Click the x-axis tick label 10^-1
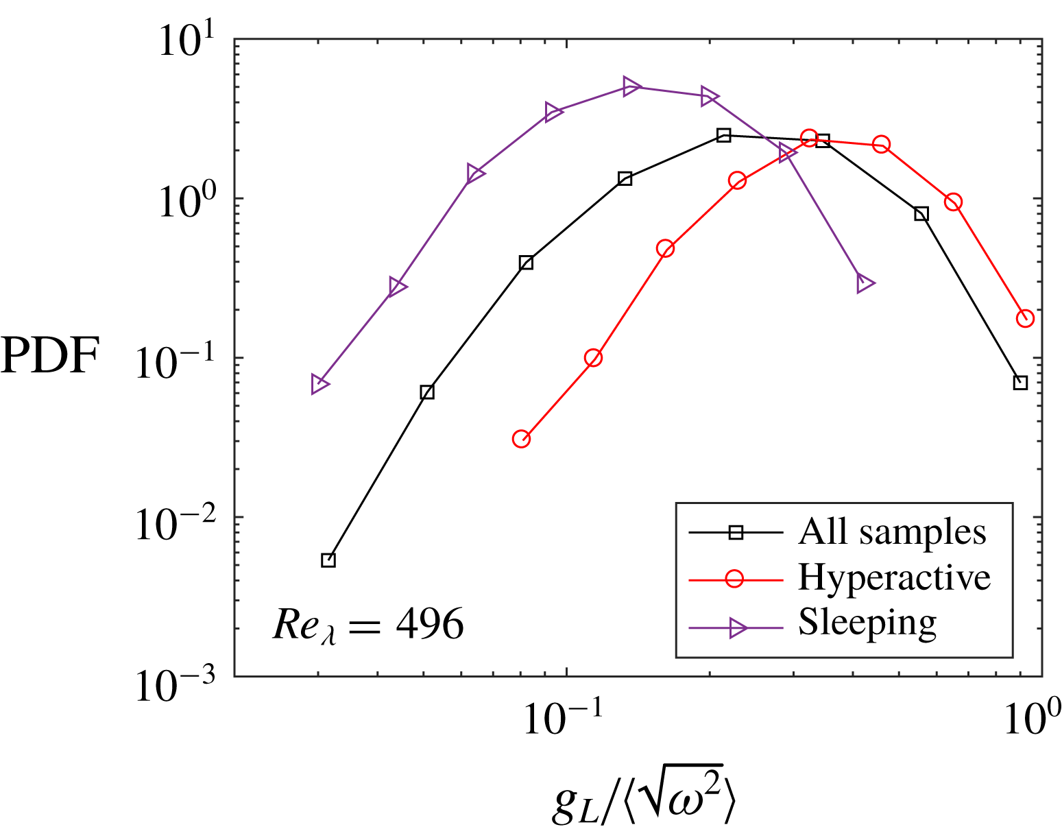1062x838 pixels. (564, 717)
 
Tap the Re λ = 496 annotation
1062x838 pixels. (367, 624)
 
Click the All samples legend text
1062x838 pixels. (892, 531)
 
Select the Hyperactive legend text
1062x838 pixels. (894, 577)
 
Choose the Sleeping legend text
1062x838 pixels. (867, 623)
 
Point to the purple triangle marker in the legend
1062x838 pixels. (737, 627)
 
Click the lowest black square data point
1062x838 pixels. (328, 560)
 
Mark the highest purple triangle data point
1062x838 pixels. (631, 86)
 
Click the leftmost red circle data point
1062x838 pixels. (521, 439)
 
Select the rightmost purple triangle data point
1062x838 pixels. (865, 283)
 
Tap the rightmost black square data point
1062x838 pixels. (1020, 383)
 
